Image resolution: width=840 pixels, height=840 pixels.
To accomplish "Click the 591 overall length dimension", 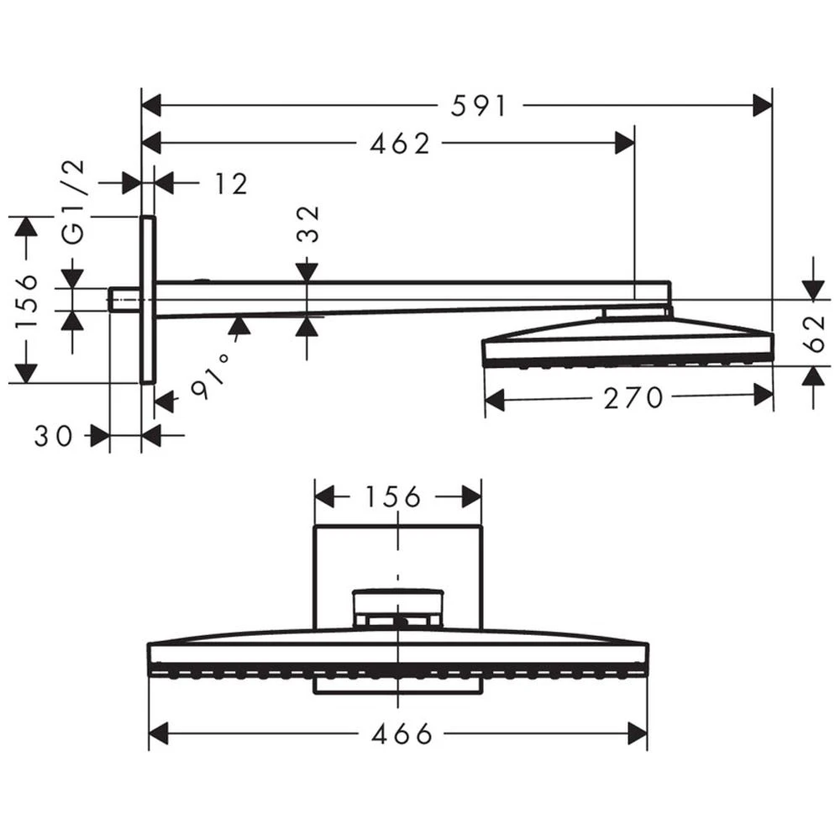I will click(479, 106).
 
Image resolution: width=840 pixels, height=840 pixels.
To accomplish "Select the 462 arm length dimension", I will click(399, 144).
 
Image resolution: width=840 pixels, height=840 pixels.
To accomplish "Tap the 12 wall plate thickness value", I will click(229, 183).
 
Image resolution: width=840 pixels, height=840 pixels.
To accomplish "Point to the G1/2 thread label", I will click(76, 202).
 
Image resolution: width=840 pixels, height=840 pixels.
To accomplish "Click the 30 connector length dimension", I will click(53, 435).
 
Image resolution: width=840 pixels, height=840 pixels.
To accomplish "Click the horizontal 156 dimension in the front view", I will click(392, 497).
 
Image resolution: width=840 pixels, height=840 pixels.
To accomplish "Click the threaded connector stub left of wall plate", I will click(124, 299).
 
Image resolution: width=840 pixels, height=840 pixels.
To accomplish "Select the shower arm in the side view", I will click(403, 297).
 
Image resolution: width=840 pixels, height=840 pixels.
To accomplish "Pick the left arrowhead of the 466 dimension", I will click(160, 733).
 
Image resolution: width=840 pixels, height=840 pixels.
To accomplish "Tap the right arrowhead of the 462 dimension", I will click(625, 144).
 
